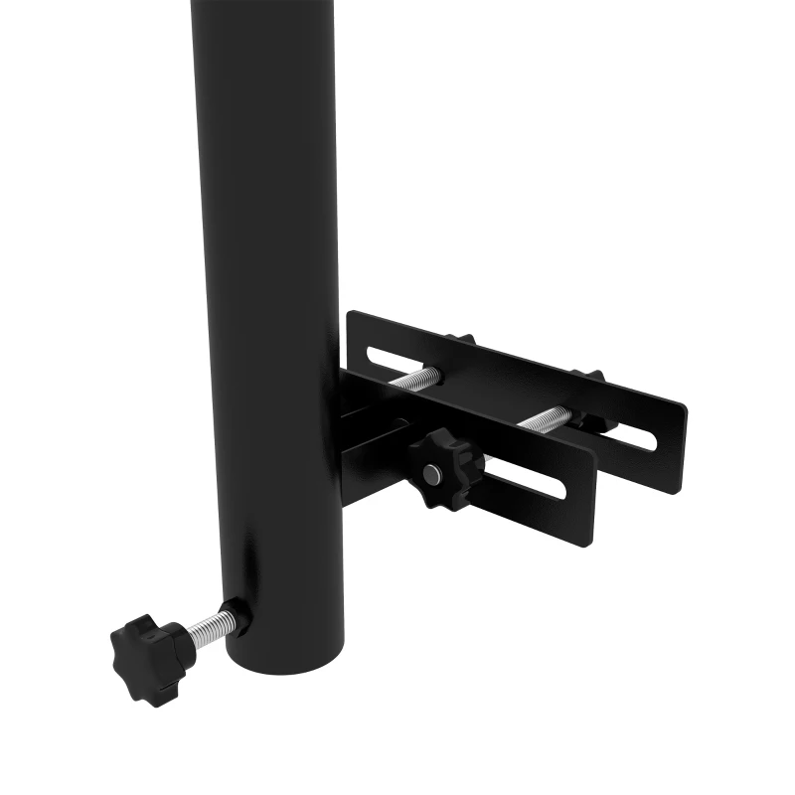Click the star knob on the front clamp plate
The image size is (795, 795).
444,469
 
